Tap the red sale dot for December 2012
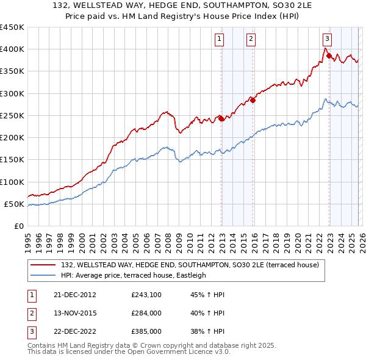point(221,119)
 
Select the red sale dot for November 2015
point(253,101)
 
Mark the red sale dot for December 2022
point(329,56)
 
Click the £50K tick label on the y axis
point(14,204)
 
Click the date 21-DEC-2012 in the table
point(74,295)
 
